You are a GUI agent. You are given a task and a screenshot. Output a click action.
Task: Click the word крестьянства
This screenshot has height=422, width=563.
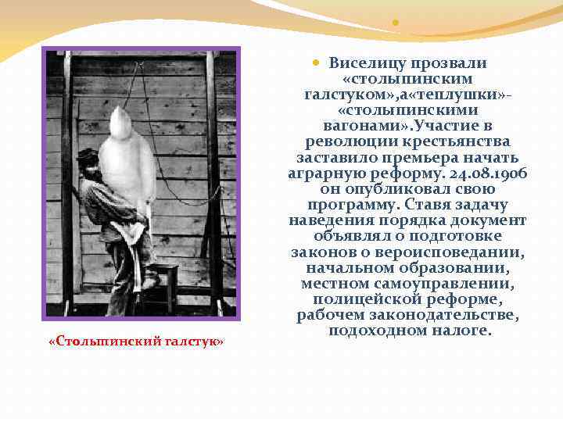point(455,141)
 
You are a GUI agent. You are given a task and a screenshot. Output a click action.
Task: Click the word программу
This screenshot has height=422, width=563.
point(353,204)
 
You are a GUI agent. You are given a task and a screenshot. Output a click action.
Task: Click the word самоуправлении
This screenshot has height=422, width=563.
point(454,283)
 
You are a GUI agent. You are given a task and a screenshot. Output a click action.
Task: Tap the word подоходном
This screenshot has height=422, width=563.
point(365,330)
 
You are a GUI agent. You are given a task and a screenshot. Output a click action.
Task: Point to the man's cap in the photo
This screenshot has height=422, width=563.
point(88,154)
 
